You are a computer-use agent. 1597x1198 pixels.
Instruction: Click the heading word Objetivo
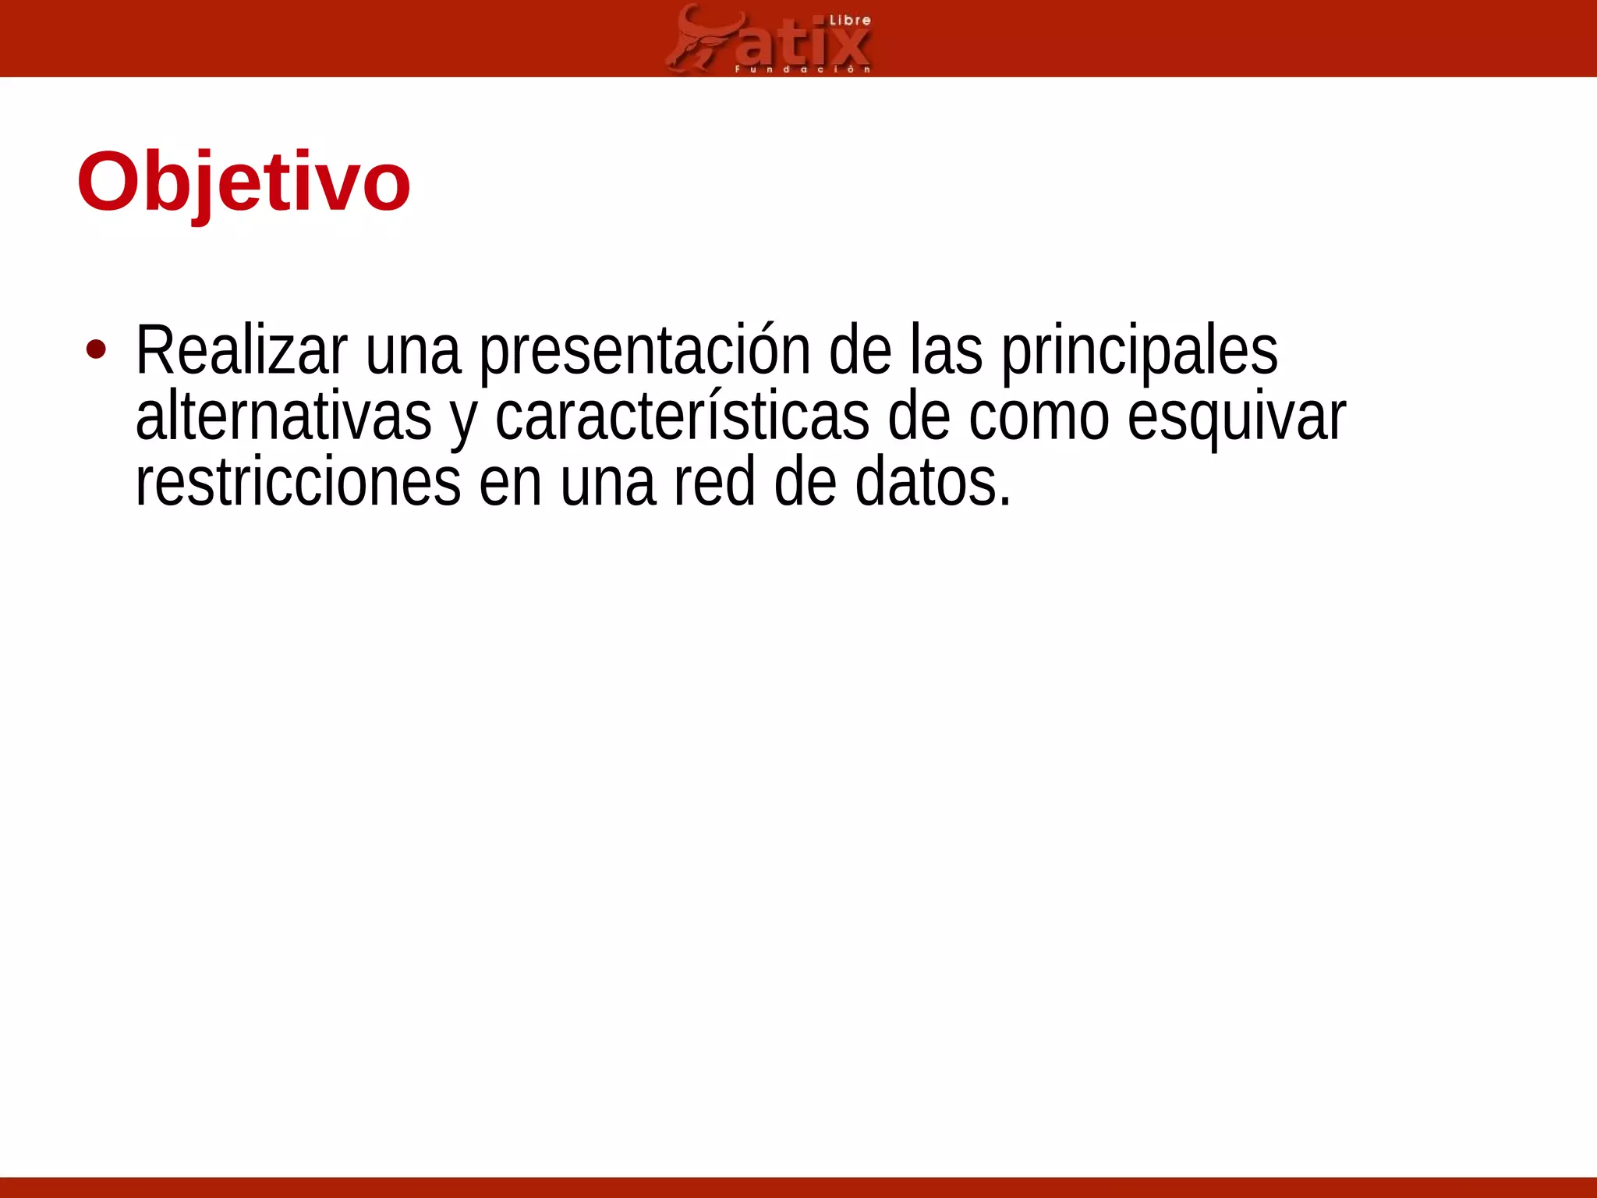pos(243,183)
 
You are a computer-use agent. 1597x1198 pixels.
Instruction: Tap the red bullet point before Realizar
pos(96,350)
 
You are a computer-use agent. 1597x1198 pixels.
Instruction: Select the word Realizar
pos(241,350)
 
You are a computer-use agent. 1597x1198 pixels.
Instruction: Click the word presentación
pos(644,350)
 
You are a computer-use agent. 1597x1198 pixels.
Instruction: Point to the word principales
pos(1139,350)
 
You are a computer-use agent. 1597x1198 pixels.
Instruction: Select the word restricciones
pos(298,482)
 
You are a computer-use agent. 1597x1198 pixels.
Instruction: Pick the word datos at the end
pos(933,482)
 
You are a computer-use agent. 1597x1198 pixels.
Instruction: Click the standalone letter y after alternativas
pos(463,421)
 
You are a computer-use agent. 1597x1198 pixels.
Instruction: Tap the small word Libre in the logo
pos(849,20)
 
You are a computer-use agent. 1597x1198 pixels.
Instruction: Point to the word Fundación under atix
pos(802,69)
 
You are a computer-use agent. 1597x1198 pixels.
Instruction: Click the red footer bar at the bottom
pos(798,1187)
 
